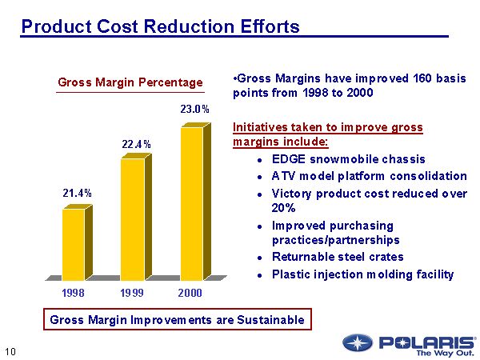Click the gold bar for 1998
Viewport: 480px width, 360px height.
[x=73, y=244]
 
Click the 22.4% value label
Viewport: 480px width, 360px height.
[x=136, y=144]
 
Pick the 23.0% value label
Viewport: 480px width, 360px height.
[x=194, y=109]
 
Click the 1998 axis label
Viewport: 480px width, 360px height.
[x=74, y=293]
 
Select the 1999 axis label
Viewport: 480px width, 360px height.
[x=132, y=293]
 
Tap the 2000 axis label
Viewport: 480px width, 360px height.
[x=190, y=293]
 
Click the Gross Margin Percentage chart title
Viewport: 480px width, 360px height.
[x=130, y=82]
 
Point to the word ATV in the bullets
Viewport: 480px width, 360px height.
[x=284, y=176]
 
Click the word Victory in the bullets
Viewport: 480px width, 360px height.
[x=292, y=194]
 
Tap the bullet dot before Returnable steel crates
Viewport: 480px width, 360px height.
[x=262, y=258]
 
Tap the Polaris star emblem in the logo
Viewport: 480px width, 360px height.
[x=358, y=343]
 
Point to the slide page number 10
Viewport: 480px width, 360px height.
[x=10, y=350]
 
